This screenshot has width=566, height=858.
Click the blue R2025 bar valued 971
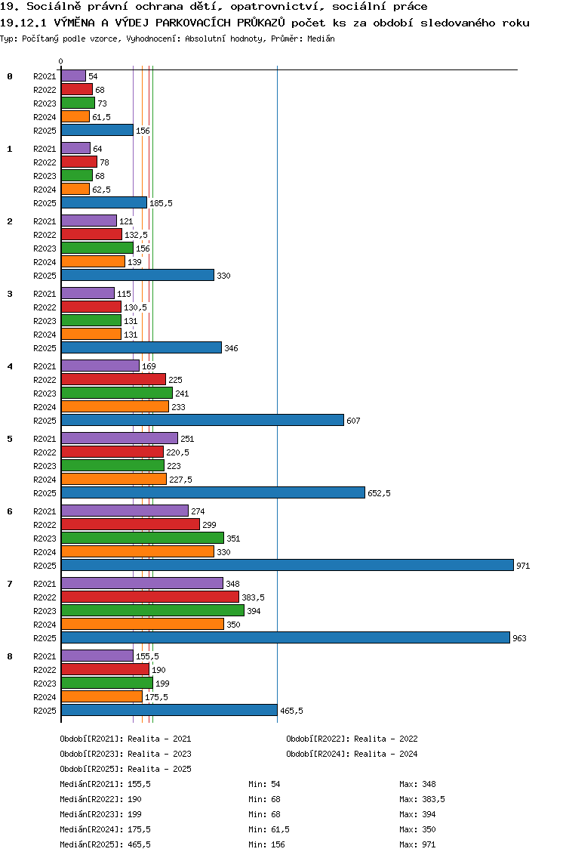coord(287,565)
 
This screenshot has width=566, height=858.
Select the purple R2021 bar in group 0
coord(73,76)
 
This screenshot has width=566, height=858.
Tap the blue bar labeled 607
coord(202,420)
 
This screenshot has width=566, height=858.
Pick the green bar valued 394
coord(152,610)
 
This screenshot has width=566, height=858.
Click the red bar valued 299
coord(130,524)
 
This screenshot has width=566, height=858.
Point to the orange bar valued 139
coord(93,261)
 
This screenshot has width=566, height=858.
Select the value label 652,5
coord(379,493)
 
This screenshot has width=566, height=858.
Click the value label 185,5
coord(161,203)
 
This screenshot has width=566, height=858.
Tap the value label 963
coord(519,638)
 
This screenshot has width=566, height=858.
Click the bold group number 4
coord(10,366)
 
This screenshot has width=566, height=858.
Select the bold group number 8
coord(10,656)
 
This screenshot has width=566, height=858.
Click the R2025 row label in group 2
coord(45,276)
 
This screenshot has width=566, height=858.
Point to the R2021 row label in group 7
coord(45,584)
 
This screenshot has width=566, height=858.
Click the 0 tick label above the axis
coord(61,62)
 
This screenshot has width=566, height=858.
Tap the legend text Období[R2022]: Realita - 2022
coord(352,739)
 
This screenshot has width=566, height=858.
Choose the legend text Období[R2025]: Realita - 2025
coord(125,769)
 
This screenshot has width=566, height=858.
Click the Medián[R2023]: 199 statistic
coord(100,814)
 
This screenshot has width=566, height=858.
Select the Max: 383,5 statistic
coord(422,799)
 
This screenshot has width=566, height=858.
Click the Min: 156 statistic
coord(266,844)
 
